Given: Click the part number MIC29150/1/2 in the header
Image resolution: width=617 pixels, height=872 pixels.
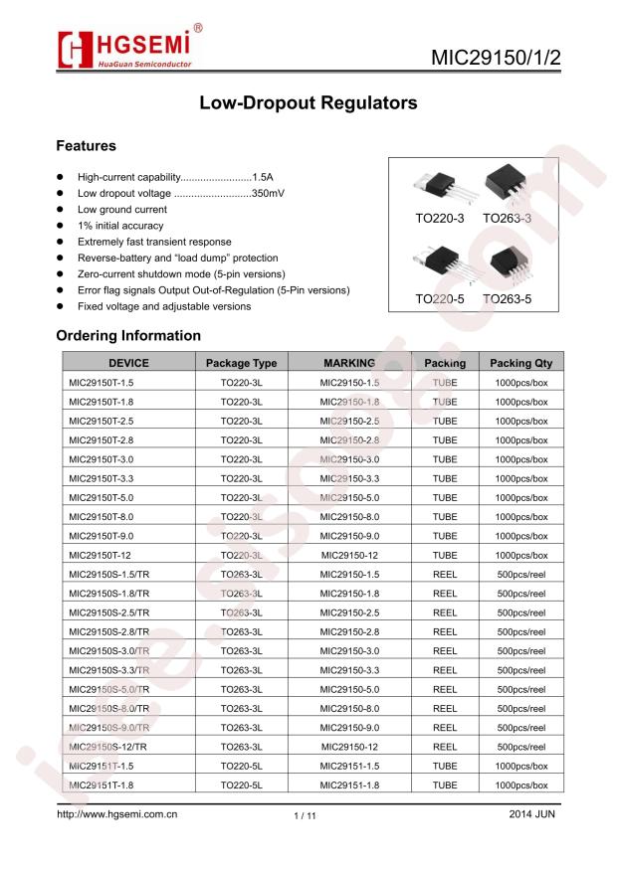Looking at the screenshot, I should point(496,57).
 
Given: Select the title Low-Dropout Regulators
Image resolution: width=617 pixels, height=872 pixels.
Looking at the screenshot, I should point(308,102).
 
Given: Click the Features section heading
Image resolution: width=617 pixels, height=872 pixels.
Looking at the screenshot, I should point(86,146).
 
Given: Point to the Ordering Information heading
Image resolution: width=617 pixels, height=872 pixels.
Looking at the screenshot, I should point(128,335).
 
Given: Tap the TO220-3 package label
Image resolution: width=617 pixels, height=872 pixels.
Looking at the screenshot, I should point(439,218).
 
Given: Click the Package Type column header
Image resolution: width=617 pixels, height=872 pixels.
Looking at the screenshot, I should point(241,363).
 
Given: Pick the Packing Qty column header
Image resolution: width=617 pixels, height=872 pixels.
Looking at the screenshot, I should point(520,363).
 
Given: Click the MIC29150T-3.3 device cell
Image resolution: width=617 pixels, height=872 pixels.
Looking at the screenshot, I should point(101,478).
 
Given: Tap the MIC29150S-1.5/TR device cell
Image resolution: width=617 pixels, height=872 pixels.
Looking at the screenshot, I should point(108,574).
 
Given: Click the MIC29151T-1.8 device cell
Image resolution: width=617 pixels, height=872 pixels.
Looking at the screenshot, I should point(101,785).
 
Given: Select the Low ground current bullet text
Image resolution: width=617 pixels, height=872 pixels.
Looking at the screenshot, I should point(122,210).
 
